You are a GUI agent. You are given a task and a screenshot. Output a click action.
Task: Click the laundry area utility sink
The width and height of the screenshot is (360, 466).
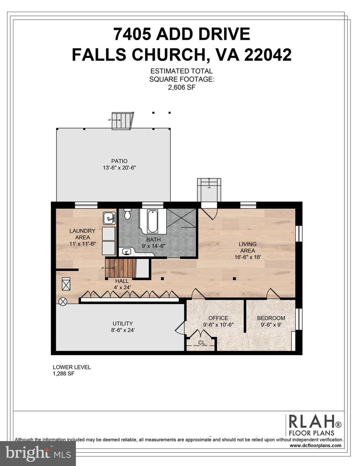(109, 218)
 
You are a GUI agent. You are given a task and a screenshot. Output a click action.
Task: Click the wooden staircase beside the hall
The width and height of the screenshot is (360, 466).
(120, 268)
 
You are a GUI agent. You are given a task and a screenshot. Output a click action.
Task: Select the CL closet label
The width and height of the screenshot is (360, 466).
(201, 343)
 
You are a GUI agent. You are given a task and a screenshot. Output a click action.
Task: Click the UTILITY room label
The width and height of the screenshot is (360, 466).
(123, 324)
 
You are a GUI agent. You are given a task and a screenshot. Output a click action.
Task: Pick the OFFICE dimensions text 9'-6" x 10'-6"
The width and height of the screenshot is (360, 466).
(218, 325)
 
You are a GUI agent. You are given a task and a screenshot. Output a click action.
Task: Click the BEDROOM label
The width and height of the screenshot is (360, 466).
(271, 318)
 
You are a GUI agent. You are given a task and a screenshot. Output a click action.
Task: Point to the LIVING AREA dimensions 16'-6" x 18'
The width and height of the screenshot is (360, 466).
(247, 257)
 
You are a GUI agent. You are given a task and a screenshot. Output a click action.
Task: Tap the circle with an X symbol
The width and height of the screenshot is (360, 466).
(63, 302)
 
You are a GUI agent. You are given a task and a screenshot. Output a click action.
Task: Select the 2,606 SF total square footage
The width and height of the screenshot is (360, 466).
(181, 87)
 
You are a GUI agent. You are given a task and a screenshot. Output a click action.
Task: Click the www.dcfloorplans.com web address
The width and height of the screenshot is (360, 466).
(316, 445)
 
